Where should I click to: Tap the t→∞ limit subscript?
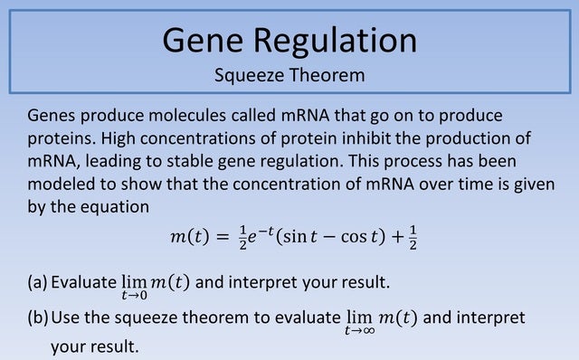point(359,331)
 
